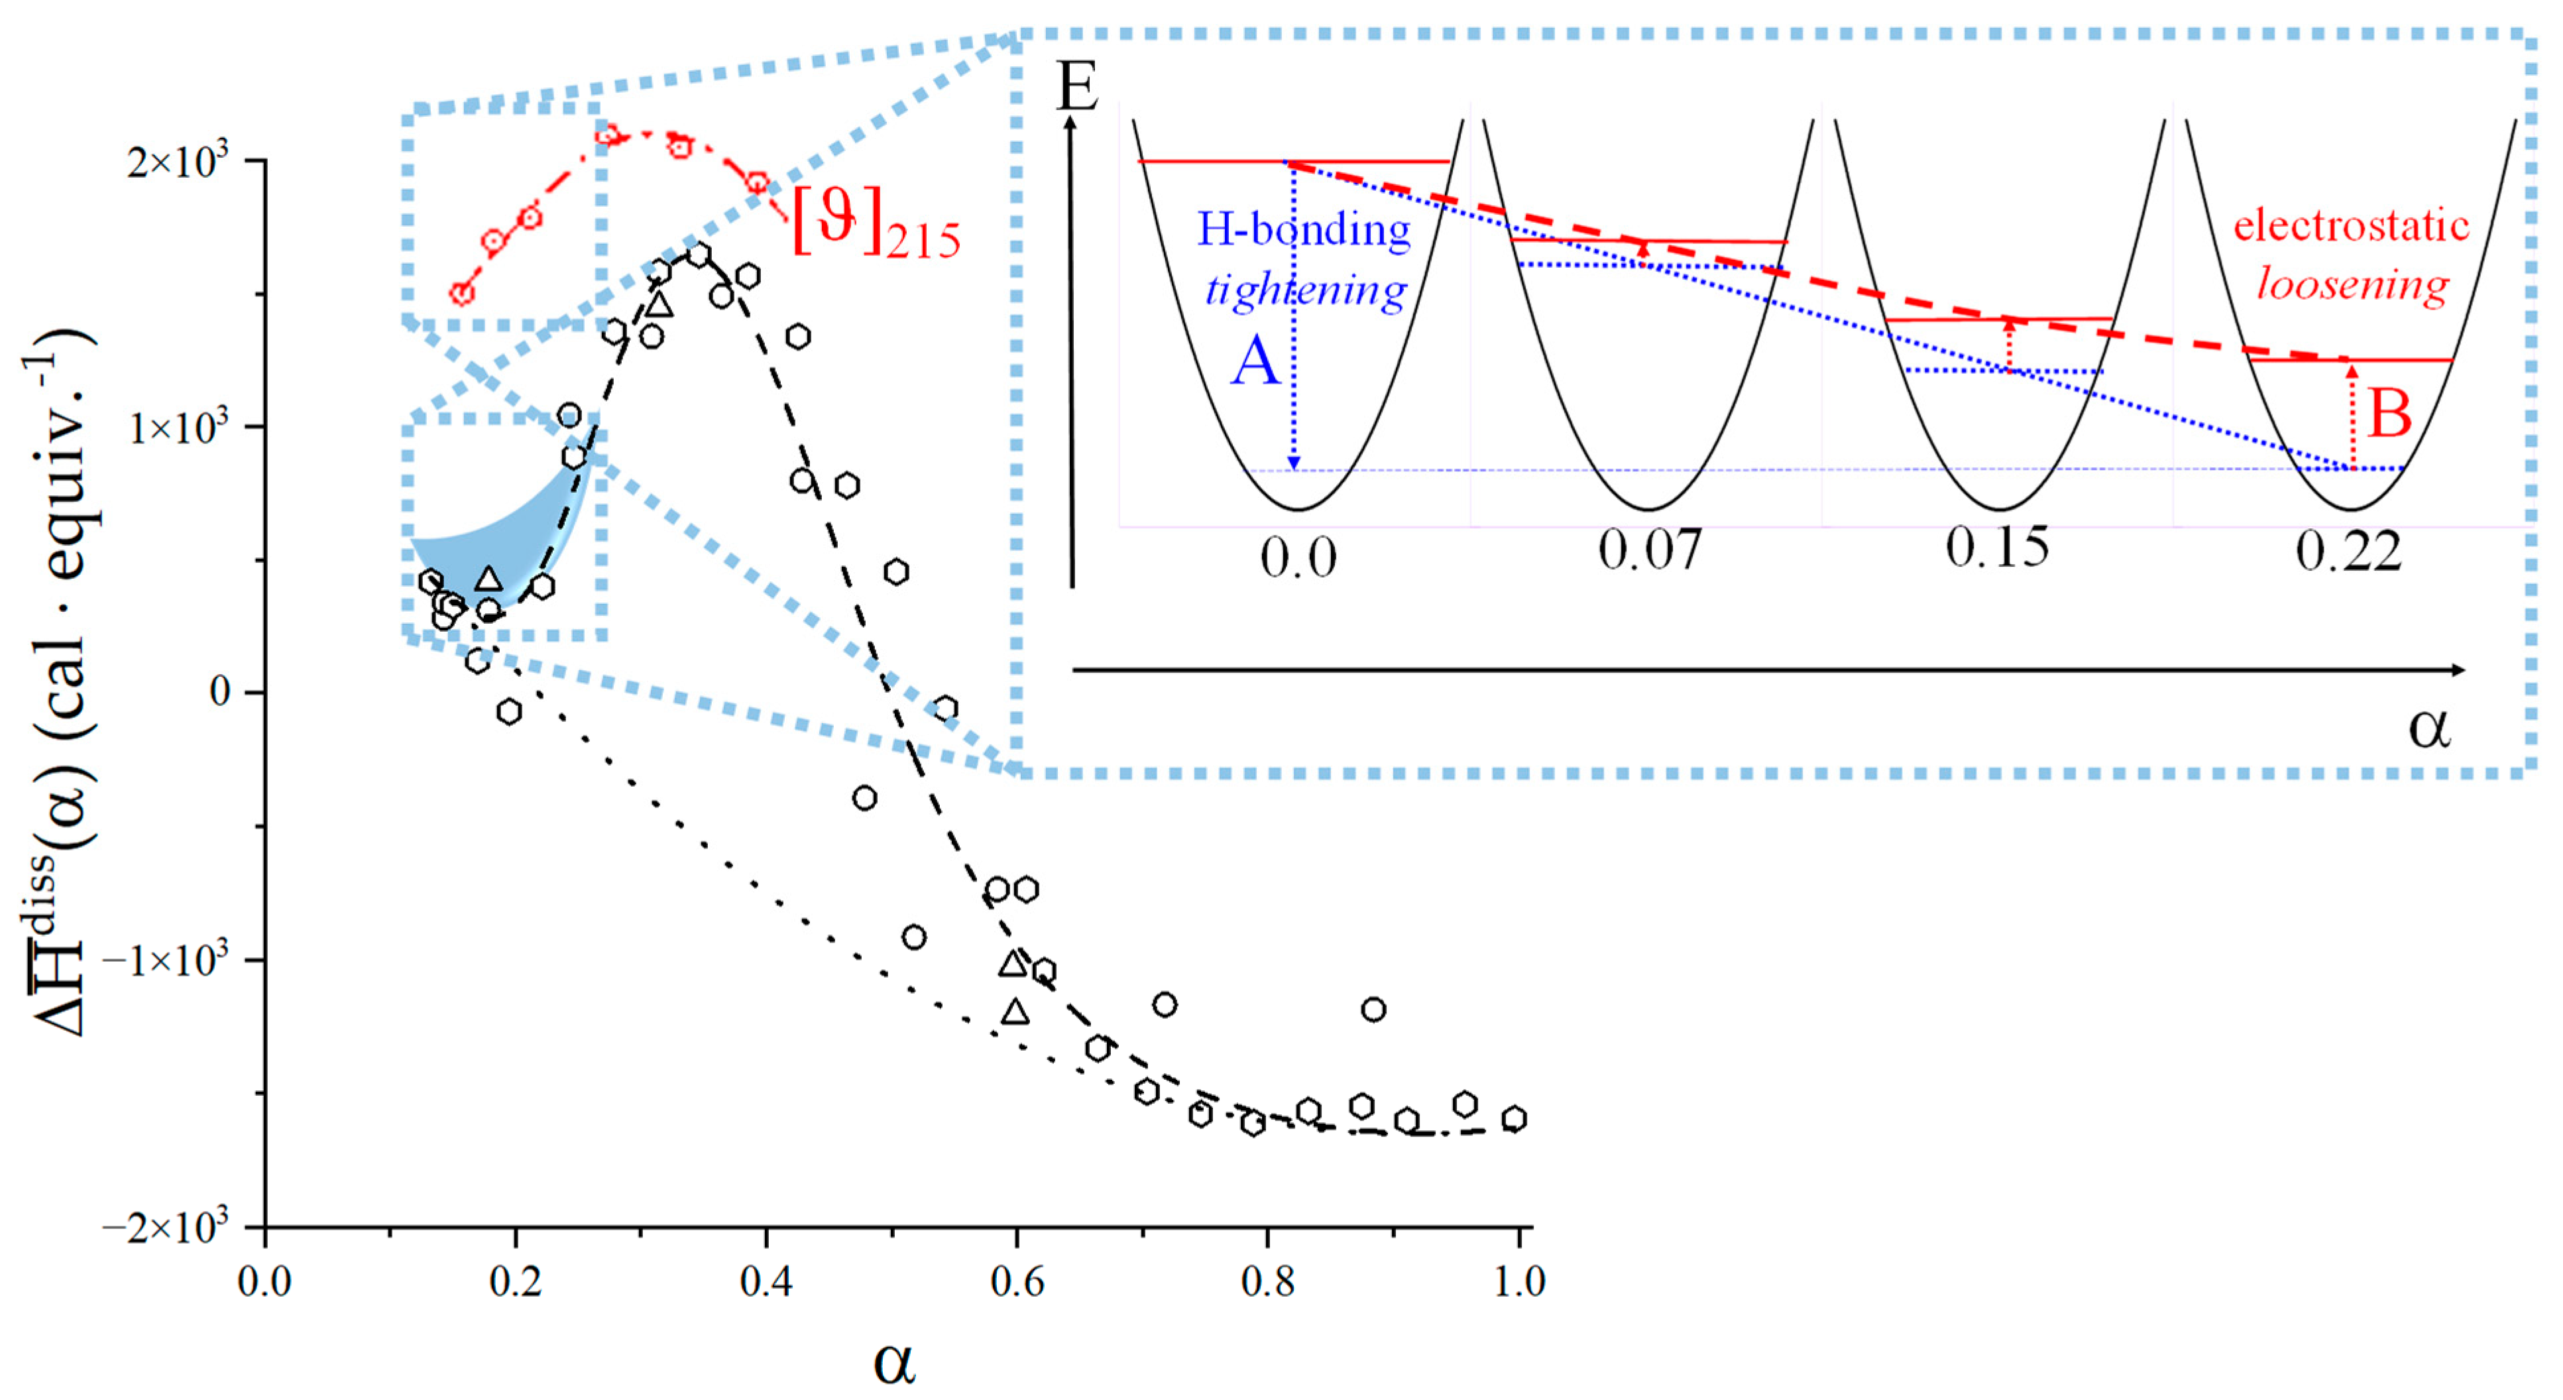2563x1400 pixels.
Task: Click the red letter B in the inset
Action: point(2389,413)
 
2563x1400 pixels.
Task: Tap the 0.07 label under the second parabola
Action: point(1648,550)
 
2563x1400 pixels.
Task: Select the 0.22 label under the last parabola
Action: point(2348,552)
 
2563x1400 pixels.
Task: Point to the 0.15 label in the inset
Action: point(1997,548)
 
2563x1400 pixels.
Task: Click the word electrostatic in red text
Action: point(2351,226)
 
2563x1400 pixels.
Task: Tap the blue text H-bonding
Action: point(1304,230)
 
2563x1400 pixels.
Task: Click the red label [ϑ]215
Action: point(876,228)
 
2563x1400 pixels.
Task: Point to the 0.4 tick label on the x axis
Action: point(766,1281)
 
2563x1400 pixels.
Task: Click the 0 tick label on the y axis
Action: point(221,691)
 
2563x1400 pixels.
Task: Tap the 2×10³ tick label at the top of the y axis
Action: point(177,160)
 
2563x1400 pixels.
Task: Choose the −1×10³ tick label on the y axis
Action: point(164,961)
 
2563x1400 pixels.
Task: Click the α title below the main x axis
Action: point(893,1362)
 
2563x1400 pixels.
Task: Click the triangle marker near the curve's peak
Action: point(659,304)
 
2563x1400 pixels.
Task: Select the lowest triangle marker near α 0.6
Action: point(1015,1012)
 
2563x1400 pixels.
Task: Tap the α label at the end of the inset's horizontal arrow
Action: point(2428,727)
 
